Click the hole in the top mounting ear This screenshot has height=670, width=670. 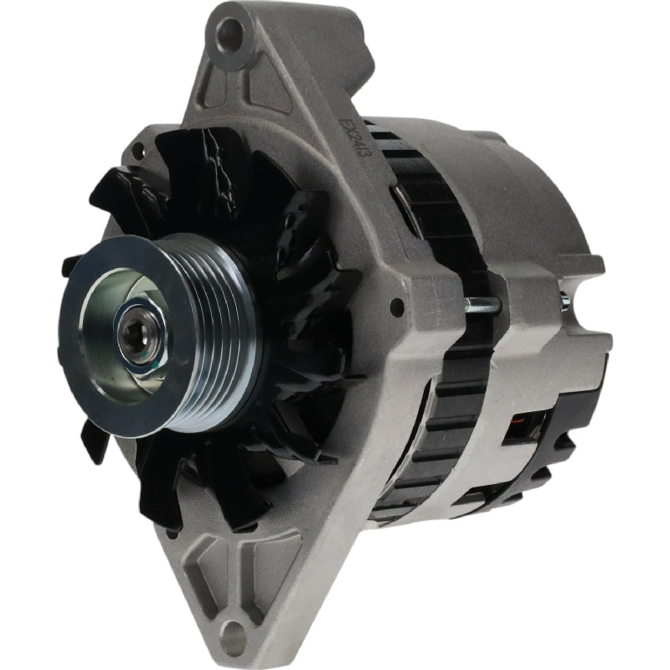coord(232,34)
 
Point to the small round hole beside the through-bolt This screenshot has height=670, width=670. coord(396,307)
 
